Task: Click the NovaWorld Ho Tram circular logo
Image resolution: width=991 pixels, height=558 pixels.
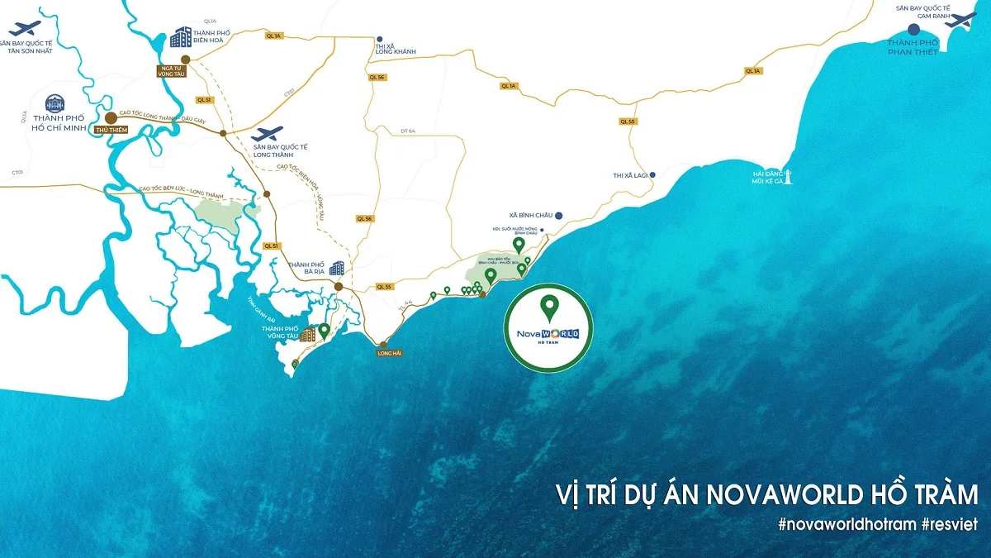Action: click(x=548, y=326)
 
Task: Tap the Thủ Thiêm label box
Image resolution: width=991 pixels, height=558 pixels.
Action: click(x=109, y=131)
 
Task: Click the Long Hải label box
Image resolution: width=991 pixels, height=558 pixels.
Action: click(x=388, y=353)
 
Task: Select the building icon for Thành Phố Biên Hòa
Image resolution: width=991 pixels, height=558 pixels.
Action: click(x=180, y=37)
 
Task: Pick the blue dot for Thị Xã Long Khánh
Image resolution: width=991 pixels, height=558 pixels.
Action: click(x=379, y=39)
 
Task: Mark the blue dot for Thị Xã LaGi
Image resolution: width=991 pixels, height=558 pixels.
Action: click(x=652, y=175)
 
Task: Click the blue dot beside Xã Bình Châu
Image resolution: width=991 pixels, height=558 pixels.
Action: click(x=559, y=215)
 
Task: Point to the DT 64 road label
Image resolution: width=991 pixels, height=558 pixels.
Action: click(x=407, y=131)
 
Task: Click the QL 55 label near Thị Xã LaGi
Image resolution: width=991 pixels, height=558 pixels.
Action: click(x=627, y=122)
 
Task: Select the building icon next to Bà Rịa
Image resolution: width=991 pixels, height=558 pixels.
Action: click(x=336, y=268)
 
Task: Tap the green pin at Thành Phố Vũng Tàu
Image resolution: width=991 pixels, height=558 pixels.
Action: click(x=325, y=331)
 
